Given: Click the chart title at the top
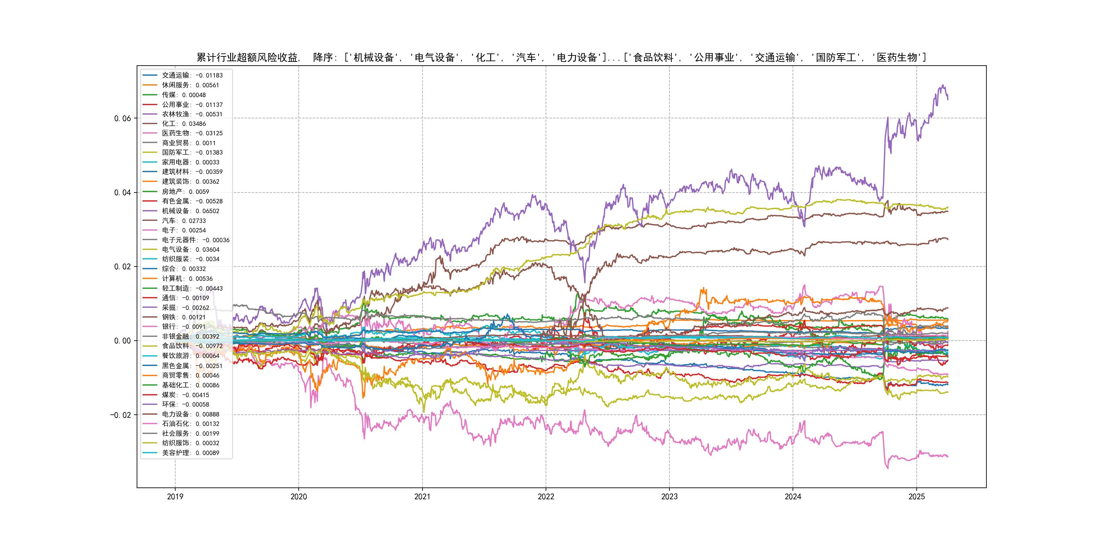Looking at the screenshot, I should [561, 58].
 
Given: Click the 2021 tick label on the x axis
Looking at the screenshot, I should [422, 497].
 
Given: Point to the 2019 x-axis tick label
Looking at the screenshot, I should [175, 497].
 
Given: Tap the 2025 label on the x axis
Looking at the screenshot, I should [916, 497].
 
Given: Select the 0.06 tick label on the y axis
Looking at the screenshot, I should [122, 118].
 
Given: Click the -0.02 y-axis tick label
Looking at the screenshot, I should [121, 415].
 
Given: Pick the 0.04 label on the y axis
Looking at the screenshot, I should [122, 192].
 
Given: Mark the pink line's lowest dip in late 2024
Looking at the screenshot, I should [888, 469].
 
